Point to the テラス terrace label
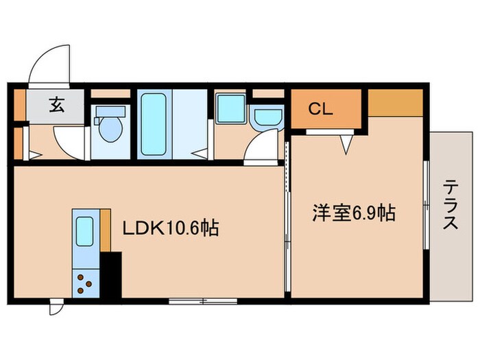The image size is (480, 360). tap(451, 205)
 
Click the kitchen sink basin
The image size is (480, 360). tap(84, 231)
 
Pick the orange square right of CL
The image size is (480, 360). tap(395, 103)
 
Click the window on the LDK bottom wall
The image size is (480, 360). tap(203, 300)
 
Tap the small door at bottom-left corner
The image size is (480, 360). tap(56, 308)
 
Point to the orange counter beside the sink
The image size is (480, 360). tap(105, 230)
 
